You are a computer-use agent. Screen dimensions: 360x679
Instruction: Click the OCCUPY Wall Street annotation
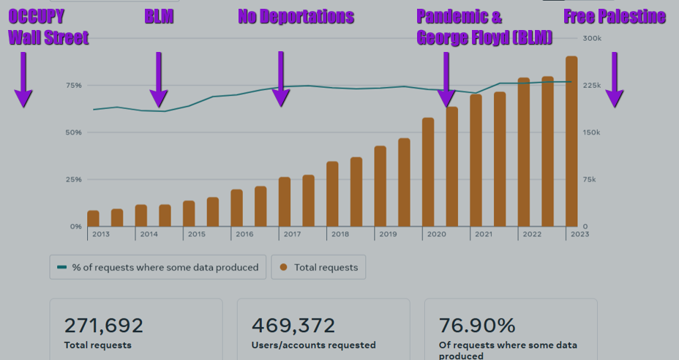48,28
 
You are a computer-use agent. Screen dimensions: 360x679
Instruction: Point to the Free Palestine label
615,17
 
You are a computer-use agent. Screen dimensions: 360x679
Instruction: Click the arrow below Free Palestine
614,79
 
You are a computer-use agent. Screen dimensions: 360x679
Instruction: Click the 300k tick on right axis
591,39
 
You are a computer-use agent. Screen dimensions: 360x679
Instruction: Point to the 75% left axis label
73,86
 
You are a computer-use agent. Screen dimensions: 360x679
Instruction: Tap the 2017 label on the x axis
292,234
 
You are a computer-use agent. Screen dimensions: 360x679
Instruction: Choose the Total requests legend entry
318,267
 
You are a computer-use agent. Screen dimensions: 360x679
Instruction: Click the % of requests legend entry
158,267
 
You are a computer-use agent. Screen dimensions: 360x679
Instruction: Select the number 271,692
103,326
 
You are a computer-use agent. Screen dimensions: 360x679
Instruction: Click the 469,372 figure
293,326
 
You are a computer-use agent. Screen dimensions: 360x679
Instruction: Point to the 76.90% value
478,326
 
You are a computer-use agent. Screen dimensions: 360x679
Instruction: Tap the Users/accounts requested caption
313,345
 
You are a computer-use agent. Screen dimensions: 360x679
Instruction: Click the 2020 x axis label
435,234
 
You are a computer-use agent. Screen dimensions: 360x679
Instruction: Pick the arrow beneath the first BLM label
158,79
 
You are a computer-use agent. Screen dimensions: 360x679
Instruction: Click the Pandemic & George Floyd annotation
484,28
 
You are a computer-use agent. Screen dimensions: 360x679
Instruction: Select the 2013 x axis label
101,234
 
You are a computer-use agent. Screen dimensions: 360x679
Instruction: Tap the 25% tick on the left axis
73,179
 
